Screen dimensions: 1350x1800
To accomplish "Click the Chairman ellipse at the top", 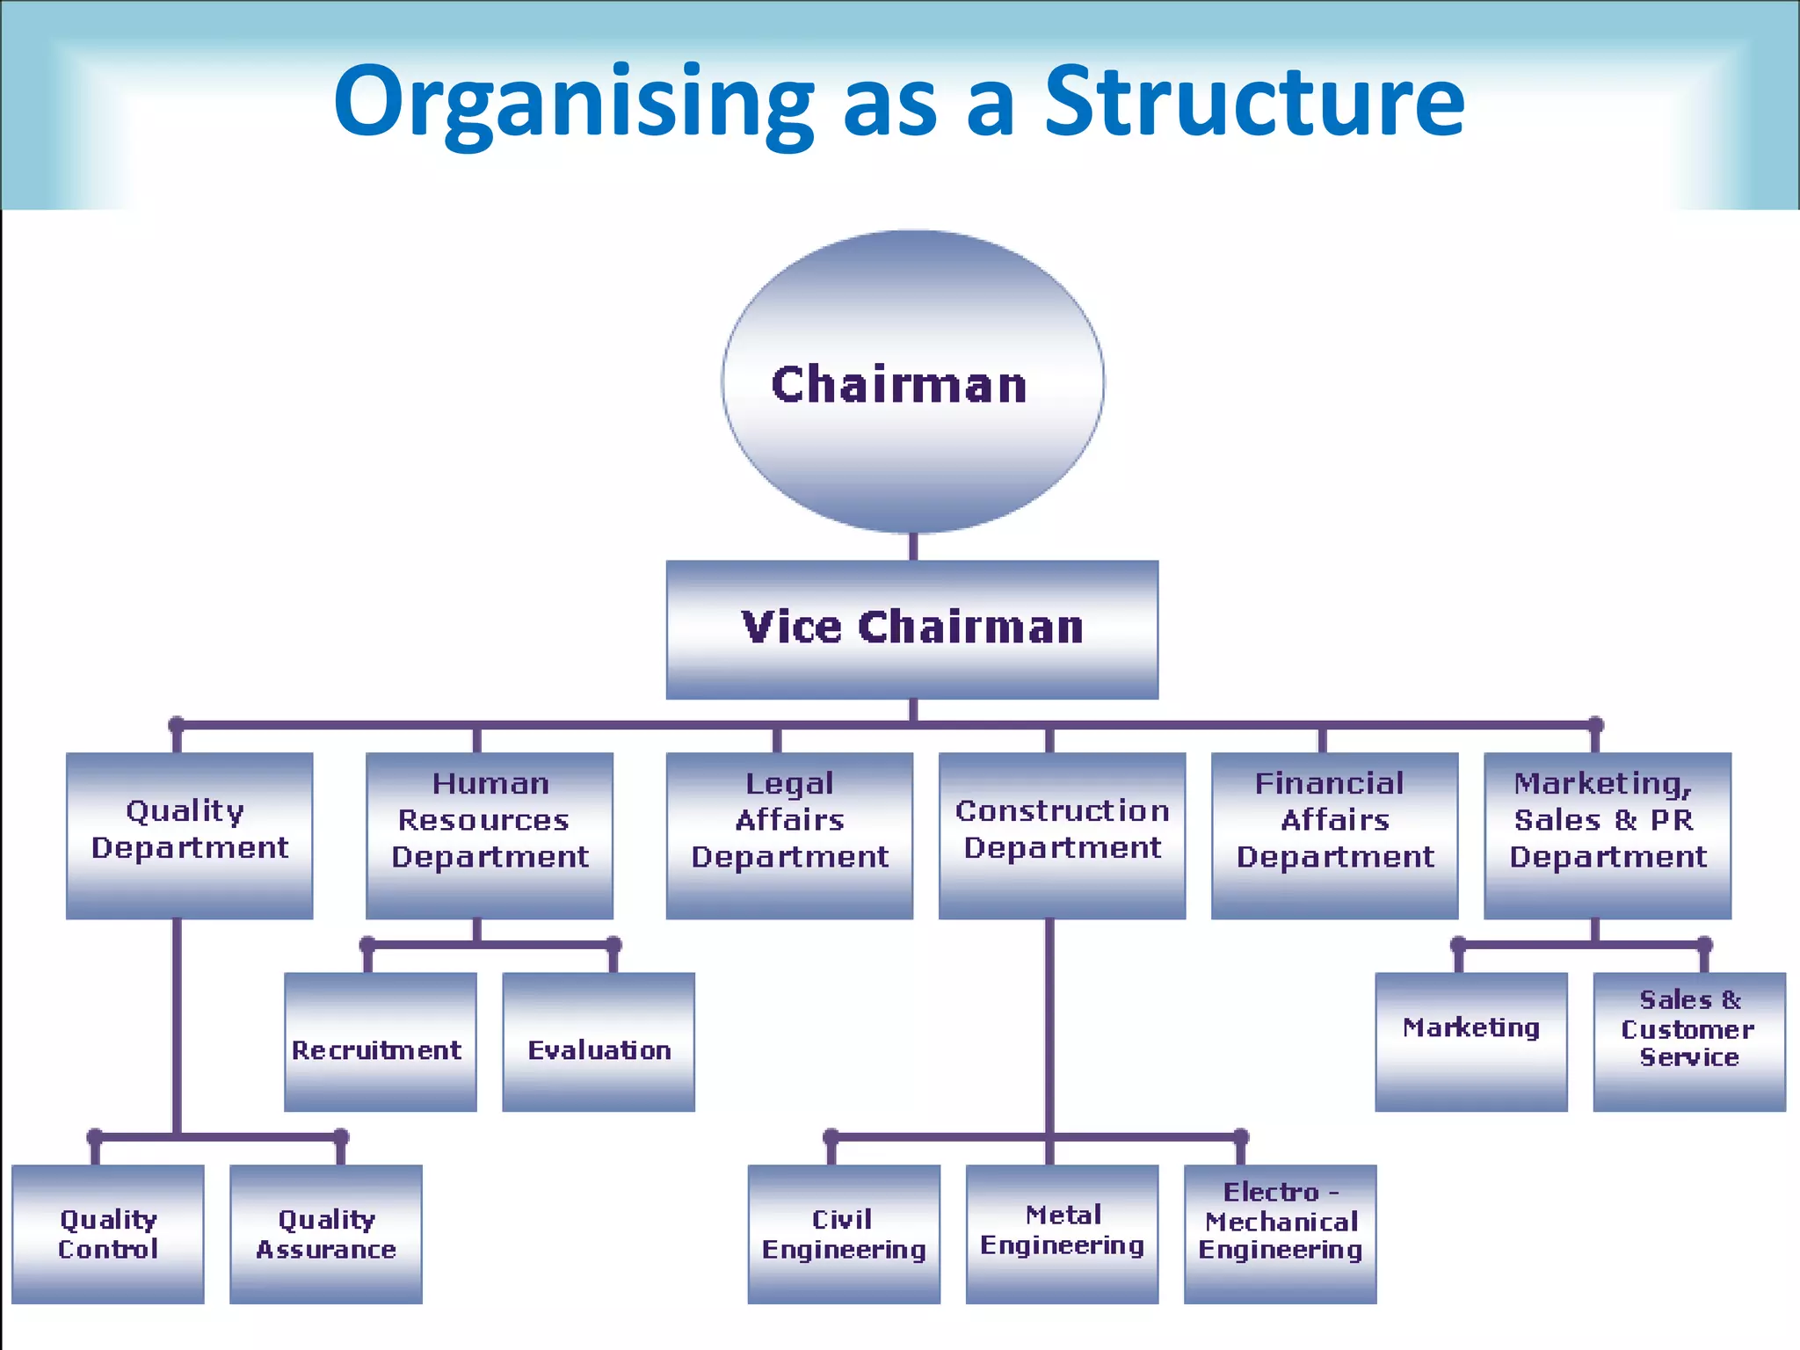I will pos(912,382).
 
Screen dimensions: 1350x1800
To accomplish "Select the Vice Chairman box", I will pos(912,629).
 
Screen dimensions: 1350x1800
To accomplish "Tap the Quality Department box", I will pos(190,835).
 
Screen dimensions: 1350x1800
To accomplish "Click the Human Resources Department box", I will pos(490,835).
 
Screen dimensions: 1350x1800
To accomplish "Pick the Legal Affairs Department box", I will pos(789,835).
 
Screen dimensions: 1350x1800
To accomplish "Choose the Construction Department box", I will pos(1062,835).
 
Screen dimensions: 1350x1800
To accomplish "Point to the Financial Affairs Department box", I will pos(1334,835).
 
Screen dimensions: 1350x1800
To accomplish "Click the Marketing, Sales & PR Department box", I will pos(1608,835).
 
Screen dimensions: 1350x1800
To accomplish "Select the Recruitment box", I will pos(381,1042).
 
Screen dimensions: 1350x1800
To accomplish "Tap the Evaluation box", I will pos(599,1042).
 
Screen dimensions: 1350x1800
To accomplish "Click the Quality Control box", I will pos(108,1234).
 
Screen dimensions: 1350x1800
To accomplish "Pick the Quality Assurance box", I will pos(326,1234).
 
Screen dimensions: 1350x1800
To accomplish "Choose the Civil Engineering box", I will pos(844,1234).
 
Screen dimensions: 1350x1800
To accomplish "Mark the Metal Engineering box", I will pos(1062,1234).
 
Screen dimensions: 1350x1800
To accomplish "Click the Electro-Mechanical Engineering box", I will pos(1280,1234).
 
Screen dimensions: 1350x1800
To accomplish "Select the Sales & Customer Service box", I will pos(1689,1042).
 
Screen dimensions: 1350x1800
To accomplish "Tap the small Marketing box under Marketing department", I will pos(1471,1042).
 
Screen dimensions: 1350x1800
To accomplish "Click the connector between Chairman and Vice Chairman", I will pos(913,547).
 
